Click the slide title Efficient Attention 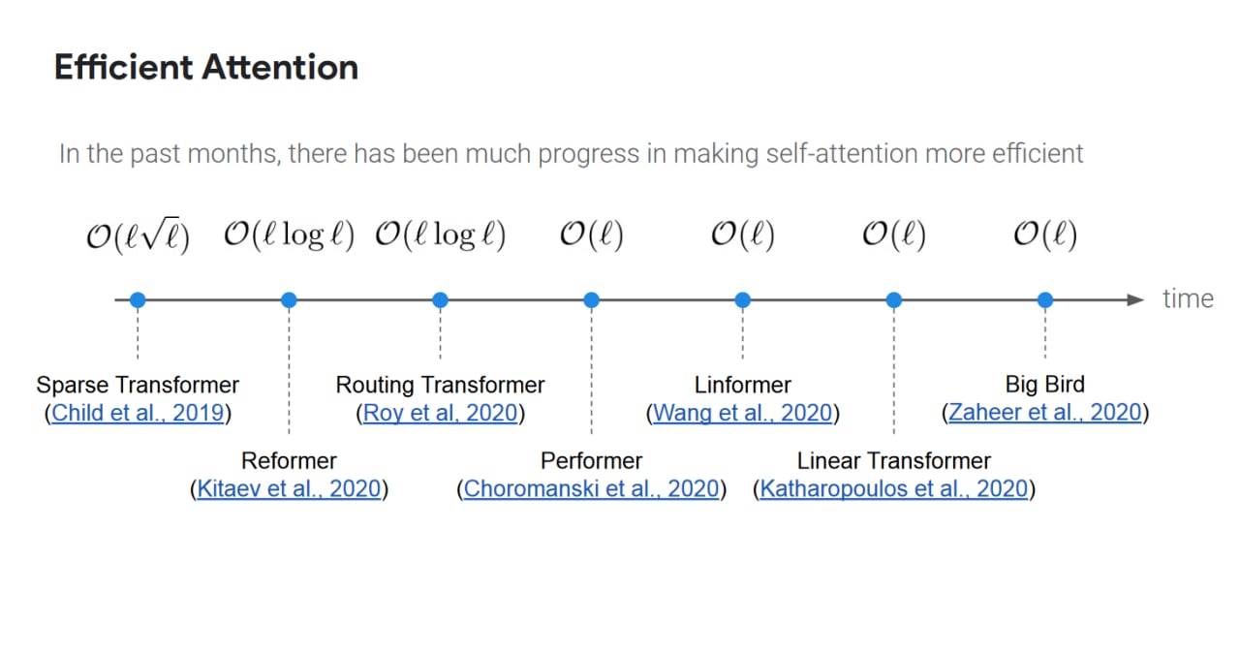206,68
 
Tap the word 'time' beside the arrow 1188,299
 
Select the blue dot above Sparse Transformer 138,300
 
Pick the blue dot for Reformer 289,300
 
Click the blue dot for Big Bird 1045,300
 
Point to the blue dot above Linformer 743,300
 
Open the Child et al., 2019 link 138,413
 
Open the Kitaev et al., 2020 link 289,489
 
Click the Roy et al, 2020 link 440,413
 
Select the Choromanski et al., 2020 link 591,489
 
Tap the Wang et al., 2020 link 743,413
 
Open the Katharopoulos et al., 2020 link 893,489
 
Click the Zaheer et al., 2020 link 1045,413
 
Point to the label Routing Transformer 440,385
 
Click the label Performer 591,461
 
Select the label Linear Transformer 893,461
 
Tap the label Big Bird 1045,385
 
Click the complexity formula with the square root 138,235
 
